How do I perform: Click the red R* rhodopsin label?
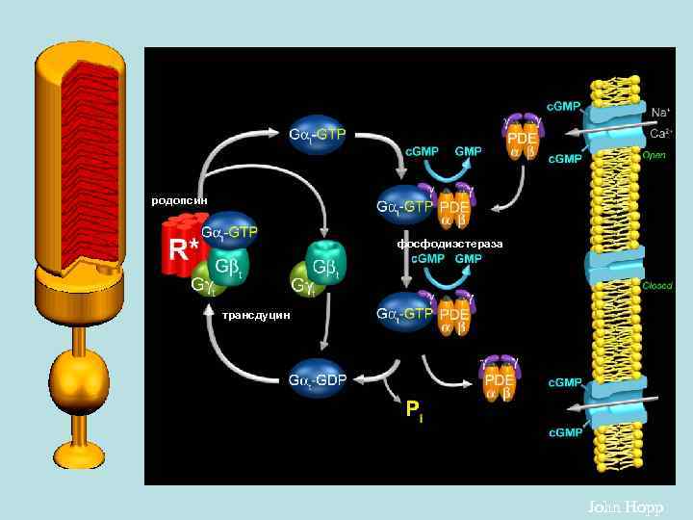coord(183,250)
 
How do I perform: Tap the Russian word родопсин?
coord(179,200)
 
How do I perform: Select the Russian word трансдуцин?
coord(255,315)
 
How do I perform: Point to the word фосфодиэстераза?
coord(449,244)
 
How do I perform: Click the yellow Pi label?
coord(414,412)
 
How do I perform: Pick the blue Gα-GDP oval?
coord(318,379)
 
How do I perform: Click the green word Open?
coord(654,153)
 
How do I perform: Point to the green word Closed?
coord(656,286)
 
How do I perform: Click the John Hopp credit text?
coord(625,507)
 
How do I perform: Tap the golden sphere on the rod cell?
coord(80,377)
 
